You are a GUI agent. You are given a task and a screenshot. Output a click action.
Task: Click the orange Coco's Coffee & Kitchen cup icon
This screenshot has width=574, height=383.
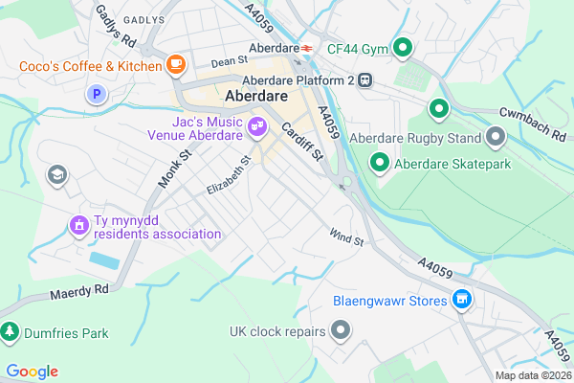point(175,65)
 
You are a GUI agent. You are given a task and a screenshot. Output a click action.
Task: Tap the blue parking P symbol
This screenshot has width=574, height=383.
point(95,94)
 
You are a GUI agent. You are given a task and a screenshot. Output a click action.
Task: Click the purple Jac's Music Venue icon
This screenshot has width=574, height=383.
point(256,125)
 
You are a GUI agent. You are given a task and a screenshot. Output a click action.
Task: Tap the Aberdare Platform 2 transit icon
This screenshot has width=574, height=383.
point(365,81)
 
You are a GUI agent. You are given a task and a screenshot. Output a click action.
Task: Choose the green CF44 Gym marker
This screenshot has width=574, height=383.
point(404,46)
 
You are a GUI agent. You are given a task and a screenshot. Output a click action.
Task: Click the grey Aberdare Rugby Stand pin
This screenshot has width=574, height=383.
point(495,138)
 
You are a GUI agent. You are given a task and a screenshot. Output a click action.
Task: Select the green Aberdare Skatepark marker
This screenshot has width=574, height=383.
point(380,164)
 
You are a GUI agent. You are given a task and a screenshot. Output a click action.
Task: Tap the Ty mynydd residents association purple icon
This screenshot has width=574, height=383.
point(78,225)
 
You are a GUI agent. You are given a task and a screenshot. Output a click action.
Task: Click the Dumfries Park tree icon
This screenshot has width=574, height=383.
point(10,333)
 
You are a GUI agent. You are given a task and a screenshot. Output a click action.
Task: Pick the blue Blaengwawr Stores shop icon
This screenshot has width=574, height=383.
point(462,301)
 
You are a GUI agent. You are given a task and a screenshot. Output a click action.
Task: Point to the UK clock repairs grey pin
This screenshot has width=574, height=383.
point(341,331)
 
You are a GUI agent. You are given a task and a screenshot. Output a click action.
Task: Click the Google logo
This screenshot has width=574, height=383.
point(32,372)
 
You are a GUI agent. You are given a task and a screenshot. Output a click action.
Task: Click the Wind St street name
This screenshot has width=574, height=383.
point(346,236)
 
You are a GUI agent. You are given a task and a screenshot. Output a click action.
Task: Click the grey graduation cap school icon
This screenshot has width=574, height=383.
point(57,174)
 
